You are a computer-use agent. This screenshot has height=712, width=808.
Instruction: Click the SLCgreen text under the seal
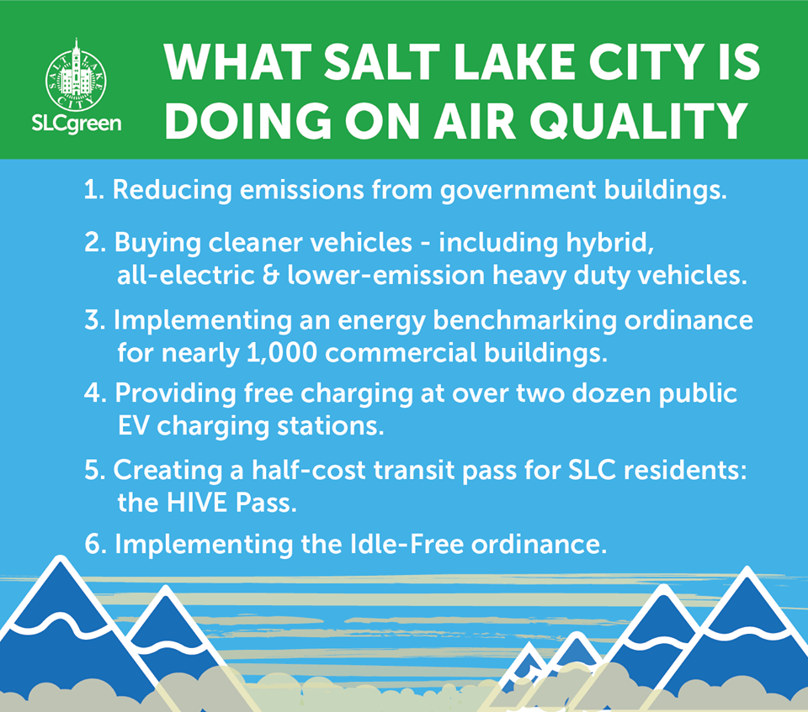[x=77, y=124]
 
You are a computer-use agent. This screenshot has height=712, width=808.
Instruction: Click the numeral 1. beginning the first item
[x=94, y=189]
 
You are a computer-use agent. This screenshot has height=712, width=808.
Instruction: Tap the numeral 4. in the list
[x=95, y=393]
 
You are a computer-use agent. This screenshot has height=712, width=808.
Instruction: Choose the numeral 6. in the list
[x=95, y=544]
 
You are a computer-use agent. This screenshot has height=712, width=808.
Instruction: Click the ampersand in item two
[x=270, y=276]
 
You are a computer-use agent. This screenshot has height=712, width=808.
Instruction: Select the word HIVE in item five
[x=196, y=503]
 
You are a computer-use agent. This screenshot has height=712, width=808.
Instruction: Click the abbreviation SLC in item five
[x=592, y=471]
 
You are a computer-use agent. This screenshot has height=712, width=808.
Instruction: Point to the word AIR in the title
[x=475, y=121]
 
